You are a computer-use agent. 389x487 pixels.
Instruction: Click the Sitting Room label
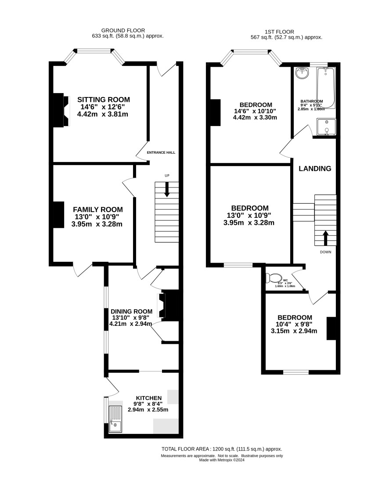pyautogui.click(x=103, y=100)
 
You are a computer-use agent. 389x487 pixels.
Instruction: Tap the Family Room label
pyautogui.click(x=98, y=209)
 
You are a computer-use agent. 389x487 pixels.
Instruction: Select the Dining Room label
pyautogui.click(x=131, y=311)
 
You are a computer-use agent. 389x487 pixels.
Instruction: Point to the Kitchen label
pyautogui.click(x=149, y=398)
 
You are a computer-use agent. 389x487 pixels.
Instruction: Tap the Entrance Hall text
pyautogui.click(x=161, y=152)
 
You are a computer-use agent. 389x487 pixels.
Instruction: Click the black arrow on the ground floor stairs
pyautogui.click(x=167, y=189)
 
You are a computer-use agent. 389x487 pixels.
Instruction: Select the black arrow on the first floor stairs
pyautogui.click(x=326, y=238)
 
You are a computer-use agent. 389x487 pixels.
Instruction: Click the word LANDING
pyautogui.click(x=315, y=169)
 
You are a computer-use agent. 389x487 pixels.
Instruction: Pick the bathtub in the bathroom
pyautogui.click(x=326, y=88)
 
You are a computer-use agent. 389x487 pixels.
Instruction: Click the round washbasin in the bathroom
pyautogui.click(x=302, y=73)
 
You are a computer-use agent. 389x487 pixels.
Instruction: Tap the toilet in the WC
pyautogui.click(x=274, y=278)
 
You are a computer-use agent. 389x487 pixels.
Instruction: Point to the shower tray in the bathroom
pyautogui.click(x=326, y=127)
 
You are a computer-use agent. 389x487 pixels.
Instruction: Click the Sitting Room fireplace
pyautogui.click(x=61, y=110)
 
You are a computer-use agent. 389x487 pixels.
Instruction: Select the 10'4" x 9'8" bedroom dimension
pyautogui.click(x=294, y=324)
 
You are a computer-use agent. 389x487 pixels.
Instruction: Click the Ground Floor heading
pyautogui.click(x=123, y=30)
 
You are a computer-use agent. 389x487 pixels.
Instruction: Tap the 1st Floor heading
pyautogui.click(x=279, y=32)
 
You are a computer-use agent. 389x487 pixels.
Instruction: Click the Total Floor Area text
pyautogui.click(x=222, y=449)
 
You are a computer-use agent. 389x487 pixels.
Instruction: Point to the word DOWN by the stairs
pyautogui.click(x=326, y=252)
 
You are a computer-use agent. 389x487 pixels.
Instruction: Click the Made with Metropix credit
pyautogui.click(x=222, y=460)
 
